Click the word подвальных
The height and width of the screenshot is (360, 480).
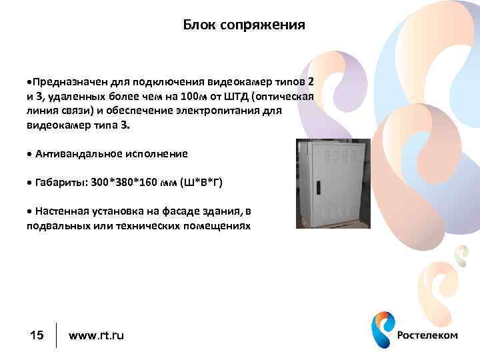point(55,226)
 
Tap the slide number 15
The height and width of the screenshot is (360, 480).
point(37,335)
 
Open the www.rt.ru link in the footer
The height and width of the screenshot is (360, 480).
point(96,335)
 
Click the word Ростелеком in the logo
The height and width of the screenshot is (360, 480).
point(427,335)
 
